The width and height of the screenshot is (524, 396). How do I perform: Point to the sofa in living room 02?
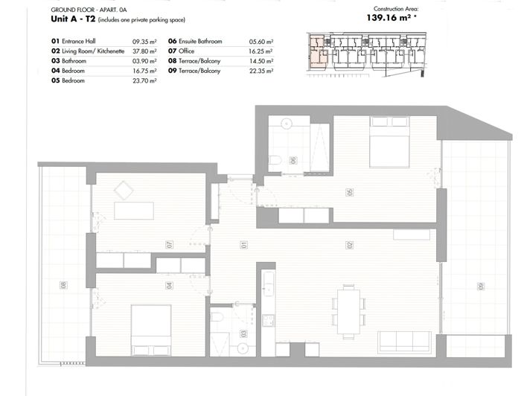(x=403, y=341)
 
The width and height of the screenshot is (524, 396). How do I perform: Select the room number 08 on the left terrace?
(x=63, y=284)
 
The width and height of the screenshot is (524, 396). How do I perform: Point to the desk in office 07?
(x=133, y=211)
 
